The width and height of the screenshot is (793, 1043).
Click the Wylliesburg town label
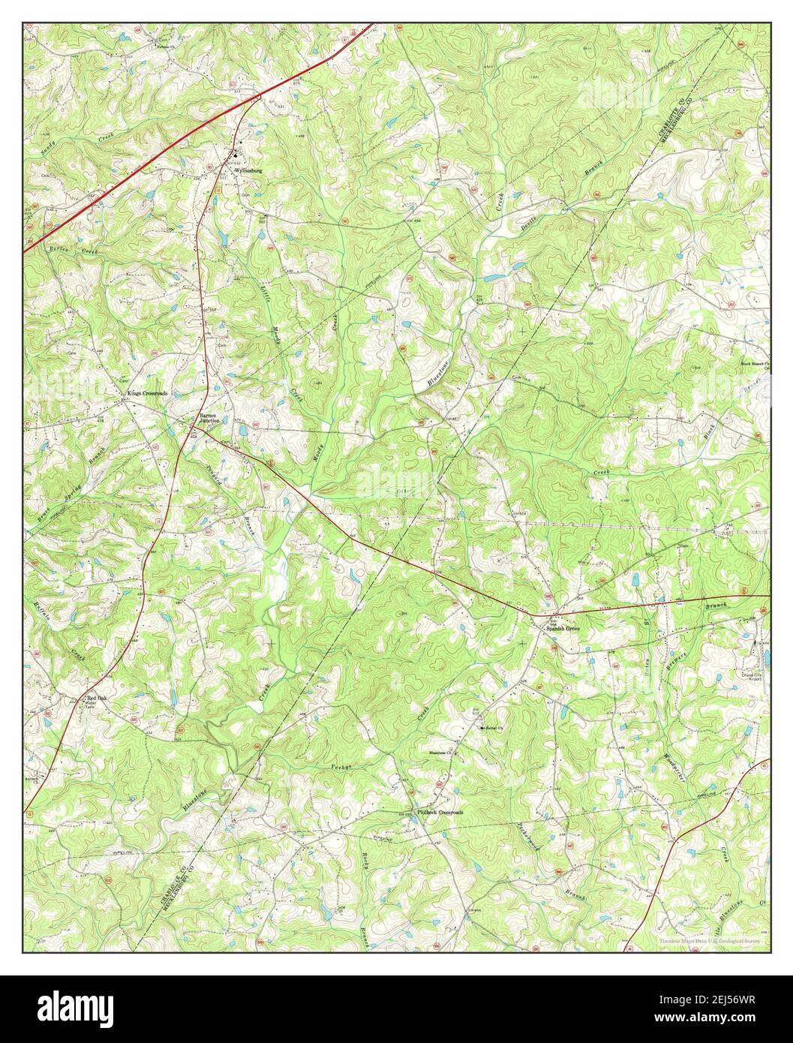coord(248,171)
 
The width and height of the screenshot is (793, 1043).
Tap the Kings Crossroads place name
coord(147,393)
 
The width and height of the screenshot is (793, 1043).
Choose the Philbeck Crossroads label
coord(440,813)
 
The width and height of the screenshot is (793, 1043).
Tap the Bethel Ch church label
coord(491,728)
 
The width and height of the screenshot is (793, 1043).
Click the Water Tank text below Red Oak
coord(91,706)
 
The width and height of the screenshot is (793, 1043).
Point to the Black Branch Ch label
coord(755,365)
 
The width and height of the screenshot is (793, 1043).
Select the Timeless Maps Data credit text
coord(710,941)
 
